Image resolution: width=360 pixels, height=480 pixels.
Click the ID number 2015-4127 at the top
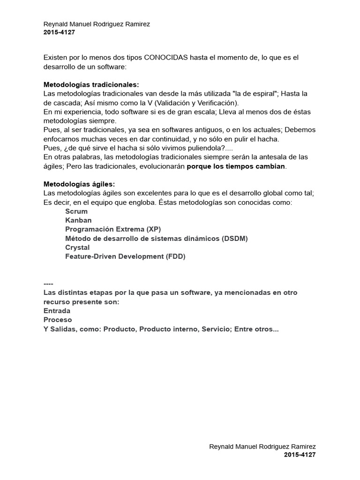59,32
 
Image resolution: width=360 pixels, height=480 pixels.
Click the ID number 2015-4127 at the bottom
300,455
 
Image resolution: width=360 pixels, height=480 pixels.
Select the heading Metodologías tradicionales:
91,85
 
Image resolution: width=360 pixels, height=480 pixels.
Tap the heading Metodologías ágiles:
79,184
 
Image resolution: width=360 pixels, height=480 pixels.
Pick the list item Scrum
76,211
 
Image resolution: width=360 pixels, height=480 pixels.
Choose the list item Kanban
78,220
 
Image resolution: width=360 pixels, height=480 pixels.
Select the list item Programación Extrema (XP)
112,229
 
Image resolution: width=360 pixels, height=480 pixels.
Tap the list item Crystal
77,247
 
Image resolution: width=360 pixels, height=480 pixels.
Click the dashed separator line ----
48,284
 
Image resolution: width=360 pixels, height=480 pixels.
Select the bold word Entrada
57,311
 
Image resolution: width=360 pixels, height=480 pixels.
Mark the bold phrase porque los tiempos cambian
236,166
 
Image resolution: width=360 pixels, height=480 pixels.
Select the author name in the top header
97,24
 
